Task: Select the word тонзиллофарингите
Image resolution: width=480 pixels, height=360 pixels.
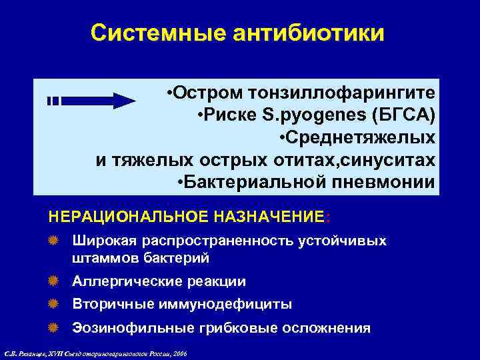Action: [x=345, y=91]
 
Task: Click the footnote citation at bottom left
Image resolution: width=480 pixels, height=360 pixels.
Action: [x=95, y=351]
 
